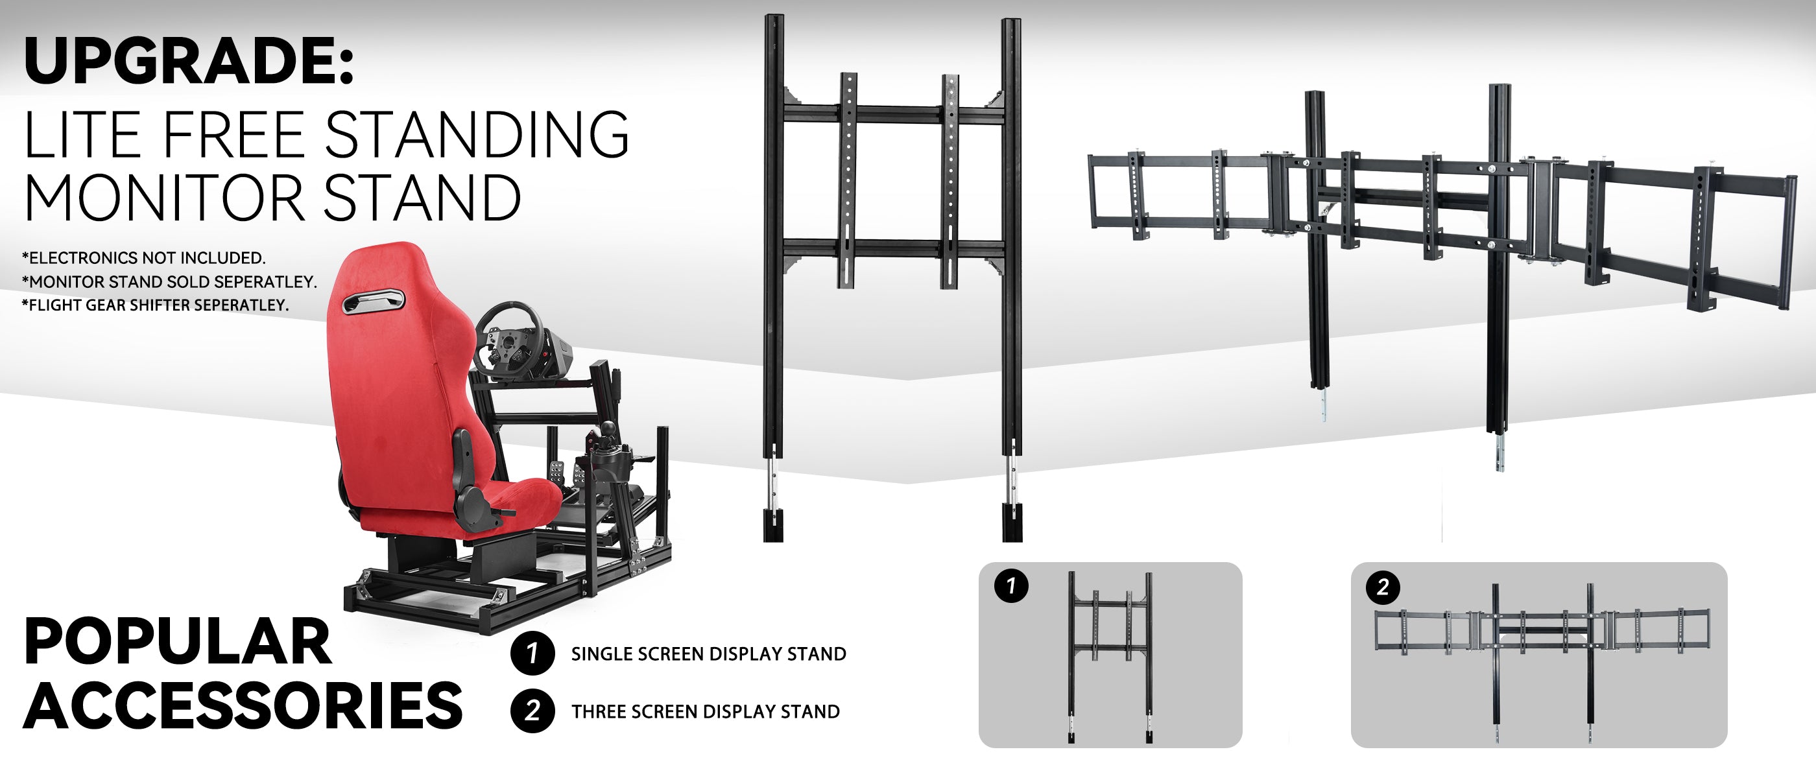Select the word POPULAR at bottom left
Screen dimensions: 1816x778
pyautogui.click(x=178, y=641)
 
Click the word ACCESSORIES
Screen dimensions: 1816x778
pyautogui.click(x=243, y=705)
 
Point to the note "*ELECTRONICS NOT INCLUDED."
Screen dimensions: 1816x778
pyautogui.click(x=144, y=258)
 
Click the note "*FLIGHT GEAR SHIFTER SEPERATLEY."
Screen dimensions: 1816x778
pyautogui.click(x=155, y=305)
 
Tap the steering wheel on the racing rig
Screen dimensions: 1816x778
pyautogui.click(x=509, y=335)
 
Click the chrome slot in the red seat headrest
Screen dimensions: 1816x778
pyautogui.click(x=373, y=301)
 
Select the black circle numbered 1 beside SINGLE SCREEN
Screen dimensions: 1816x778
pyautogui.click(x=532, y=654)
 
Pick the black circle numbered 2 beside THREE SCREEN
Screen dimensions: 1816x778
pyautogui.click(x=532, y=711)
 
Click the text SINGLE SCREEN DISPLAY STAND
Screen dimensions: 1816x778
pyautogui.click(x=708, y=654)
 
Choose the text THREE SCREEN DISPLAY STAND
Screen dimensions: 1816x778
pyautogui.click(x=706, y=712)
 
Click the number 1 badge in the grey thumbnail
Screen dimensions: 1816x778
pyautogui.click(x=1011, y=585)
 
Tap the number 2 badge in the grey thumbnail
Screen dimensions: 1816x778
pyautogui.click(x=1383, y=587)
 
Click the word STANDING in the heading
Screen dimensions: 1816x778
pyautogui.click(x=477, y=134)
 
